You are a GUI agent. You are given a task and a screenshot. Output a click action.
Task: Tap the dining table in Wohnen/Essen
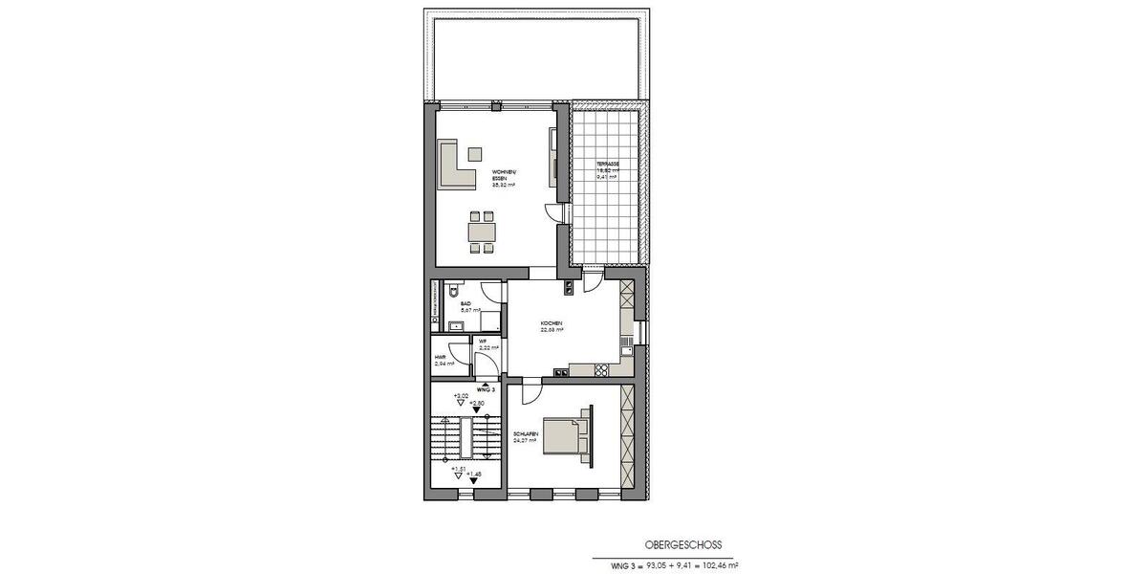click(482, 231)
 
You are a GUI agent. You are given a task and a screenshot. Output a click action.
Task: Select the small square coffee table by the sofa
click(475, 152)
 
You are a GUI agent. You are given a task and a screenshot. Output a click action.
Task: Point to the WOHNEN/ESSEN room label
click(504, 178)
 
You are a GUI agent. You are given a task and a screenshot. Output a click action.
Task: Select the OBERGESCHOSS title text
click(683, 543)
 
